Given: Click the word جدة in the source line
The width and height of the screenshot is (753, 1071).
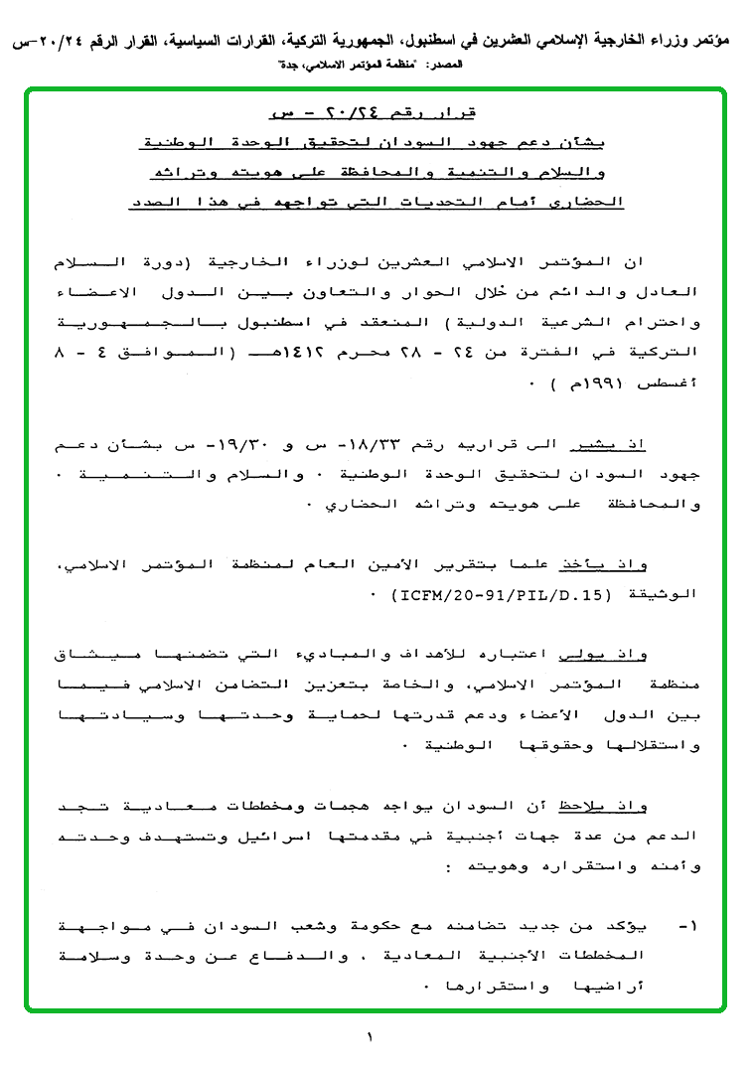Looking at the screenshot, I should pyautogui.click(x=289, y=63).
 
